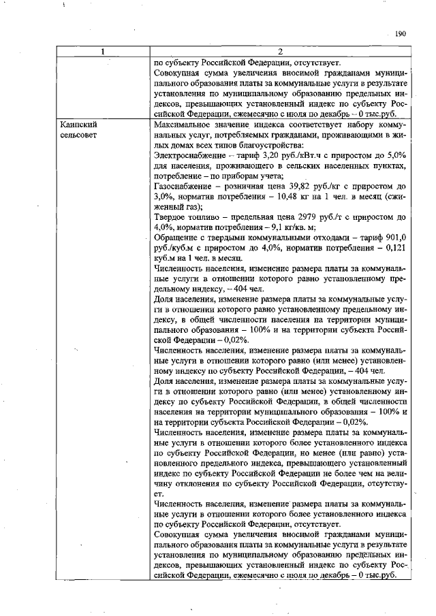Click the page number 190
400,33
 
